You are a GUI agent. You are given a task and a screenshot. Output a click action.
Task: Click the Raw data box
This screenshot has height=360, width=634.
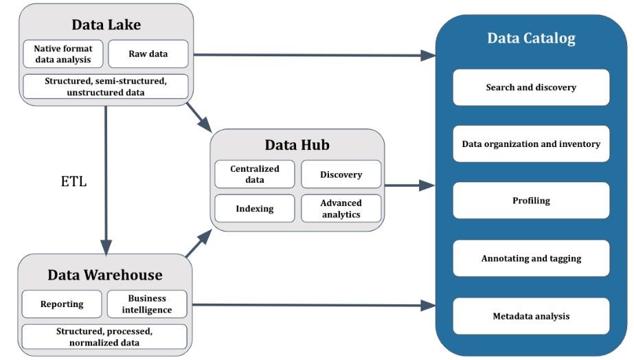pos(148,54)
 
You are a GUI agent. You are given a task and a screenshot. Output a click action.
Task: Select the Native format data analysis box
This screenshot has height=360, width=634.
pos(63,54)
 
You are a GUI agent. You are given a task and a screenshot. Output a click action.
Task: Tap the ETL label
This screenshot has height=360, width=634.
pos(73,181)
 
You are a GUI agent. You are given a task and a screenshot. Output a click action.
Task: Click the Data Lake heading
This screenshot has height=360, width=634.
pos(106,25)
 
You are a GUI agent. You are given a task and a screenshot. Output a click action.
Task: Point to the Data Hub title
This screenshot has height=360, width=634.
pos(297,145)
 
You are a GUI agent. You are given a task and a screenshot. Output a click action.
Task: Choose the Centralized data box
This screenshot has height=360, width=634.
pos(255,175)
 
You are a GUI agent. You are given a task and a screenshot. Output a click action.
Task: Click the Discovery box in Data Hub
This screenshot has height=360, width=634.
pos(341,175)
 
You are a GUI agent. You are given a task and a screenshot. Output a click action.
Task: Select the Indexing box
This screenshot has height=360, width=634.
pos(255,208)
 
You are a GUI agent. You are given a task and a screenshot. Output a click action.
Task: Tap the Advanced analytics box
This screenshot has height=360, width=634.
pos(341,208)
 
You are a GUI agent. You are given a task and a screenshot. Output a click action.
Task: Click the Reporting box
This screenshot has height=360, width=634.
pos(62,304)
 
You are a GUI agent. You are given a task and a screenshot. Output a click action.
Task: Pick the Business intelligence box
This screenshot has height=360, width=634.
pos(147,304)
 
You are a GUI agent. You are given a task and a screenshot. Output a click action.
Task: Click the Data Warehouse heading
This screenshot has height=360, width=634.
pos(105,275)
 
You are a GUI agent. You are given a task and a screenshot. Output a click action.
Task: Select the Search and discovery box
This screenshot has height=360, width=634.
pos(531,87)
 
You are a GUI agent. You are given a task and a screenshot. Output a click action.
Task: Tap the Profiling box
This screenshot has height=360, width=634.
pos(531,201)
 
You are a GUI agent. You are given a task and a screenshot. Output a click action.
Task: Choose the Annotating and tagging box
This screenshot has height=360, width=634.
pos(531,258)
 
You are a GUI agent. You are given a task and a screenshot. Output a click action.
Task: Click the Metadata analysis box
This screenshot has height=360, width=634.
pos(531,316)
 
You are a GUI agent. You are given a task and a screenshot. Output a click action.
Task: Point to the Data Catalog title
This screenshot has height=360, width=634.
pos(531,38)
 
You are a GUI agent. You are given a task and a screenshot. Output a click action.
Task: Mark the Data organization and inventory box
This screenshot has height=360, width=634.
pos(531,144)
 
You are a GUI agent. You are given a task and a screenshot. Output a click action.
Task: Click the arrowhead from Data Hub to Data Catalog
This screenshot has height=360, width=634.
pos(427,185)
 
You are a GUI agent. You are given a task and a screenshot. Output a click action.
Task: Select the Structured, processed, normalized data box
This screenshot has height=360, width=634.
pos(104,337)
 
